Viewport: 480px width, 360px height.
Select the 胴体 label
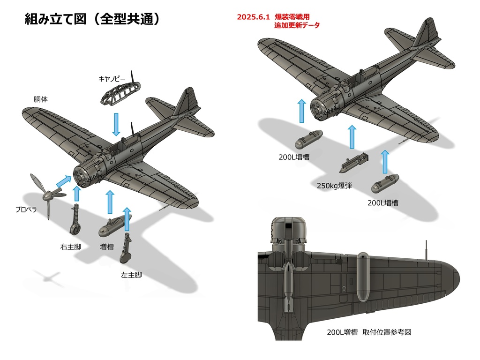(40, 99)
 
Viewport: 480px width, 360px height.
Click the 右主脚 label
(70, 246)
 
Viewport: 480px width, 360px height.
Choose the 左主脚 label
(131, 275)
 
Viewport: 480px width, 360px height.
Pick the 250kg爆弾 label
(334, 186)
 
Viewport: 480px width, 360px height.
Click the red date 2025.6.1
(254, 16)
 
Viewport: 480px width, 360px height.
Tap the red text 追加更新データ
(297, 25)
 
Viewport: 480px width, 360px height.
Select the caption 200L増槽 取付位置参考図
(369, 332)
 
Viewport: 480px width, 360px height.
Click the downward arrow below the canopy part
(116, 124)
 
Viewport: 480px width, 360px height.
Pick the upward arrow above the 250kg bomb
(352, 136)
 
